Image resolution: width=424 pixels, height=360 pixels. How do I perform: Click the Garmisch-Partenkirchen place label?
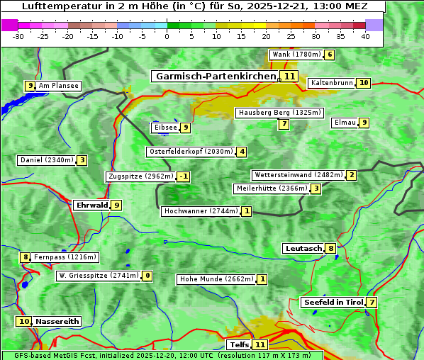(x=215, y=76)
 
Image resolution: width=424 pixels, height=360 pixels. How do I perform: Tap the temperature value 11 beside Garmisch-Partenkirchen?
(x=289, y=76)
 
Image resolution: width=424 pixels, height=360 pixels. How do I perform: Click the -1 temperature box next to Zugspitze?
(x=184, y=176)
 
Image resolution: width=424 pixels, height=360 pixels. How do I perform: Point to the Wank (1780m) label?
(x=296, y=55)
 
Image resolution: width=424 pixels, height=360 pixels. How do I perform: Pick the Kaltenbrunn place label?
(x=331, y=83)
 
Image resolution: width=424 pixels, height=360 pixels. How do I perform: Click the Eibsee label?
(x=165, y=128)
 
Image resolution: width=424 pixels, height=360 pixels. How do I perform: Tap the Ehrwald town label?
(x=91, y=206)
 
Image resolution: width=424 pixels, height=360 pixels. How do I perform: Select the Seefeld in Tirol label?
(x=333, y=303)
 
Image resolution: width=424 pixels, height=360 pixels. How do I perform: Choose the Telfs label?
(x=239, y=345)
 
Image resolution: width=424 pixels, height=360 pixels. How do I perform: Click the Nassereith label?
(x=57, y=321)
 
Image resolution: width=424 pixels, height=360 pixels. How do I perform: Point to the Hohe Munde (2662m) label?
(x=216, y=279)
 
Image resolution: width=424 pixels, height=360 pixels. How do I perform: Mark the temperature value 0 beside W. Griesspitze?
(x=147, y=276)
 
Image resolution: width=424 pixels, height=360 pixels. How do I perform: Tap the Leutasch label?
(x=303, y=248)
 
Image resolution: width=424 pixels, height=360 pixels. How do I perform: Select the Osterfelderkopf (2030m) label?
(x=191, y=152)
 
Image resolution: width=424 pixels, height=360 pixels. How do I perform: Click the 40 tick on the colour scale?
(x=365, y=36)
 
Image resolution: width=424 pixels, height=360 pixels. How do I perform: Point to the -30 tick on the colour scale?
(x=18, y=36)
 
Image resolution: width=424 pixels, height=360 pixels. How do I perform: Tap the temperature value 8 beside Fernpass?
(x=26, y=257)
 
